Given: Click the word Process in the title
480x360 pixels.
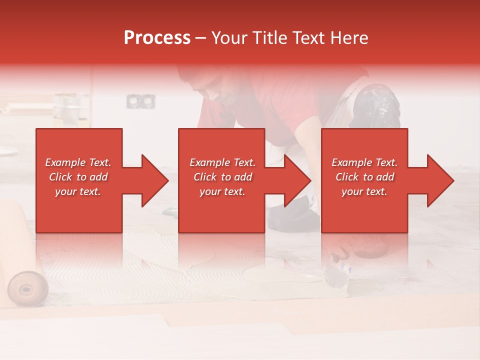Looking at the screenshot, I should [x=157, y=38].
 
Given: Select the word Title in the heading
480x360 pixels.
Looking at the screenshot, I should [x=268, y=38].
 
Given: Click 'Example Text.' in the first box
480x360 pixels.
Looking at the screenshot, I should [x=78, y=162].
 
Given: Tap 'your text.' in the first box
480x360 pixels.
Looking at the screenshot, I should [x=78, y=191].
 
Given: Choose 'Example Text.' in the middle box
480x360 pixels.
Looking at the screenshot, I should [x=222, y=162].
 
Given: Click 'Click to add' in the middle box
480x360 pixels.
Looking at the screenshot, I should [x=222, y=177].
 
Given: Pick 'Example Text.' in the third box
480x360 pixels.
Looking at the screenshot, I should [x=364, y=162].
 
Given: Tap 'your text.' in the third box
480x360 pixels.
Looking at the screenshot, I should [x=364, y=191].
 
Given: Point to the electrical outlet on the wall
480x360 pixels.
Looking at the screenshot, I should [x=134, y=101].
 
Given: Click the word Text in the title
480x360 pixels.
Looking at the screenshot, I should [x=309, y=38].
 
